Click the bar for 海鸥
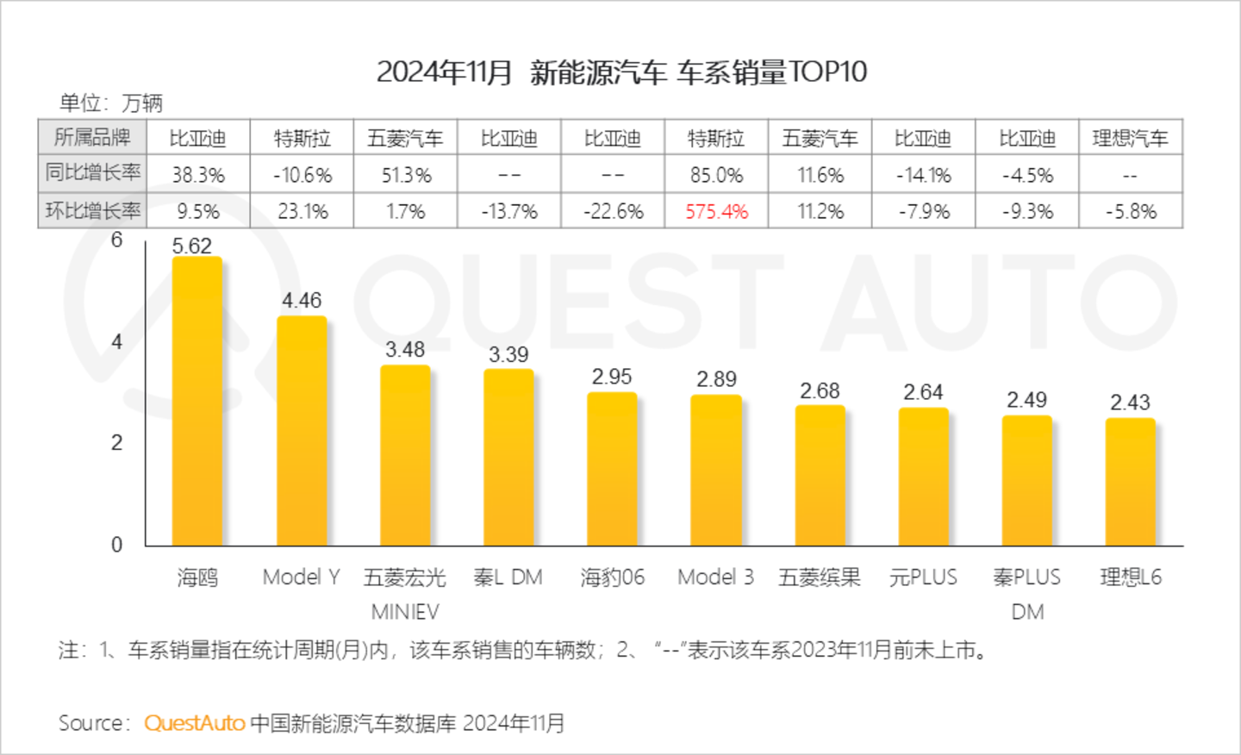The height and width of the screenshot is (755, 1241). point(197,401)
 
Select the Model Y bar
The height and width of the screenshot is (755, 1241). point(302,431)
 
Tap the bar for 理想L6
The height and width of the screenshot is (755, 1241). point(1130,482)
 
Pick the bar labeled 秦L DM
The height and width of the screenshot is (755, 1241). point(508,458)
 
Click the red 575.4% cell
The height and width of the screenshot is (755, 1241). point(716,211)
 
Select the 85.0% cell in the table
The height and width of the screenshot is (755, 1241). point(716,175)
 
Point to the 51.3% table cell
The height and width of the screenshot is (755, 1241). point(406,175)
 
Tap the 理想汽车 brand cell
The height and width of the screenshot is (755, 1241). point(1130,138)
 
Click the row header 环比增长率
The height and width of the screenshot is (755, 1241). point(92,210)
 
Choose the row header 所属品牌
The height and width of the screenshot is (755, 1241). point(92,137)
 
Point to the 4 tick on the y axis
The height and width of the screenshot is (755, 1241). point(117,341)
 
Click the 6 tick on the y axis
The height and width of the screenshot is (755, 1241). point(117,240)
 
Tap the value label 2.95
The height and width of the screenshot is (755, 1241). point(612,377)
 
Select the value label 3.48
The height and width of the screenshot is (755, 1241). point(405,349)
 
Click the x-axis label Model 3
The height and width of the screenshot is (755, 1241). point(715,577)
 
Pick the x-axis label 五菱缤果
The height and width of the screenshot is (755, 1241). point(820,577)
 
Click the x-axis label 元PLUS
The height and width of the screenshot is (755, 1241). point(923,577)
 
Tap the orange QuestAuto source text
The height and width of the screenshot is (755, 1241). point(195,723)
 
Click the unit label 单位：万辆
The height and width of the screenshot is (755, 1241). point(111,103)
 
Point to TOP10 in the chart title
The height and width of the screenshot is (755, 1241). point(827,72)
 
